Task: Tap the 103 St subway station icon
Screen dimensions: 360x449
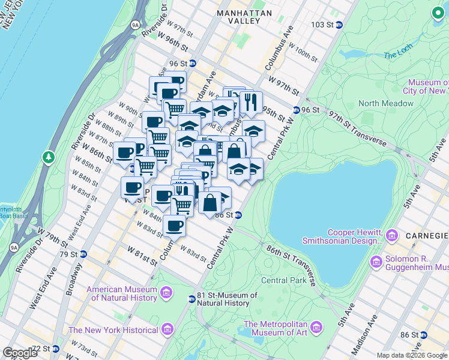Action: pyautogui.click(x=339, y=25)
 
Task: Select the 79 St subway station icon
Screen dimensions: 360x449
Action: pyautogui.click(x=83, y=254)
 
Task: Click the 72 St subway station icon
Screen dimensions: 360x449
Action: pyautogui.click(x=55, y=349)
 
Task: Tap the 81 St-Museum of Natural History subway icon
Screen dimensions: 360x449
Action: pyautogui.click(x=191, y=299)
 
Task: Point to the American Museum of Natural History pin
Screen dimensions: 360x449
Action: pyautogui.click(x=166, y=293)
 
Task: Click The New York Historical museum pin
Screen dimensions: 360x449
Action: pyautogui.click(x=167, y=330)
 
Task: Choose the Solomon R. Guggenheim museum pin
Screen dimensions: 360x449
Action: pyautogui.click(x=376, y=262)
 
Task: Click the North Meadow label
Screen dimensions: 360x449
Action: pyautogui.click(x=386, y=103)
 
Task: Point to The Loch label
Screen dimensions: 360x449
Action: pyautogui.click(x=398, y=55)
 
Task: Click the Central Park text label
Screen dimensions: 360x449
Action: pyautogui.click(x=285, y=280)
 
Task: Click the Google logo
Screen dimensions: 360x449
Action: pyautogui.click(x=20, y=353)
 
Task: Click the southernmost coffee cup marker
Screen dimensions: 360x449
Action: pyautogui.click(x=174, y=226)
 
